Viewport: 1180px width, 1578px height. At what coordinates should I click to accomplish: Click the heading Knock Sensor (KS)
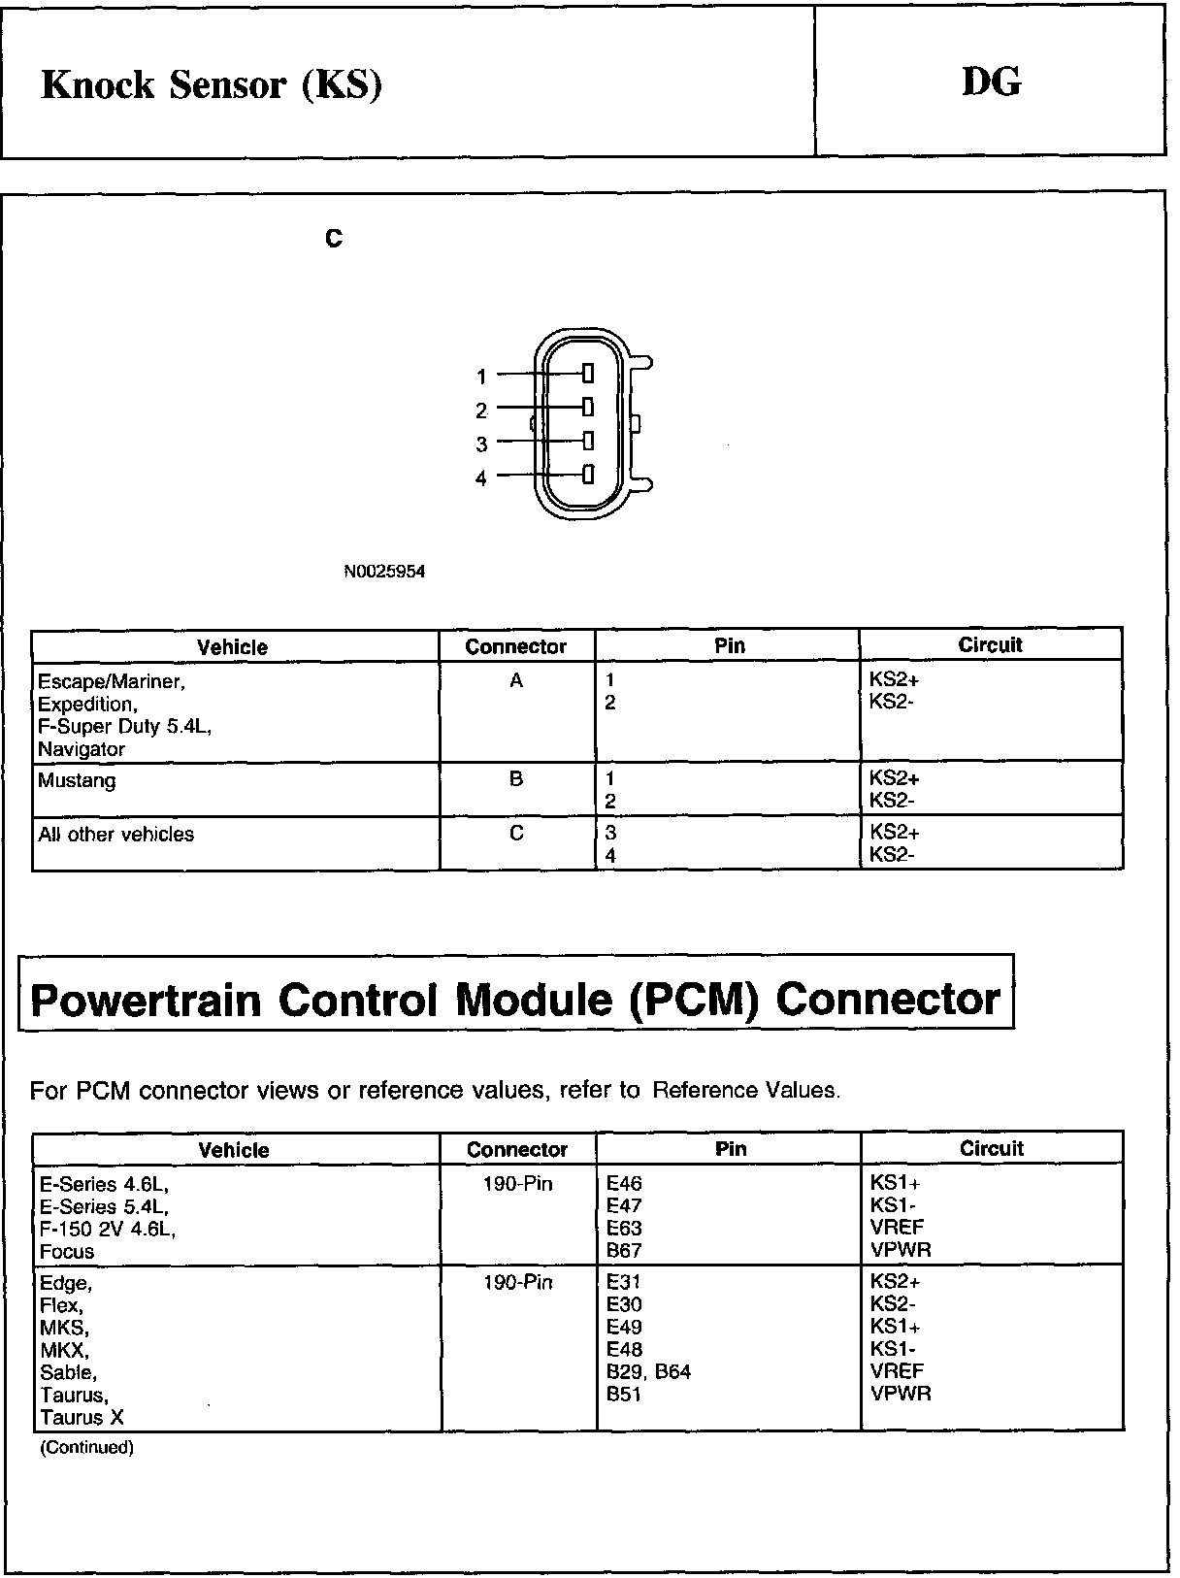tap(212, 85)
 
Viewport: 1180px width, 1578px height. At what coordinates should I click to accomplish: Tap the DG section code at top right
tap(991, 82)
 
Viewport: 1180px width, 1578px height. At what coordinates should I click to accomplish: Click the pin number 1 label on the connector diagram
tap(481, 377)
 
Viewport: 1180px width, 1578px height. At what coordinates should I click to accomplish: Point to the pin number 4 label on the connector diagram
tap(480, 478)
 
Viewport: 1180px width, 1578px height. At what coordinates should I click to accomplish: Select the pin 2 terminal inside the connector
tap(588, 406)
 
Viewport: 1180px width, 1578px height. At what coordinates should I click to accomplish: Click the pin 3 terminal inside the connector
tap(588, 440)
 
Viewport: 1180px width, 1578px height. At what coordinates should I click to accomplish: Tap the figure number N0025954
tap(384, 572)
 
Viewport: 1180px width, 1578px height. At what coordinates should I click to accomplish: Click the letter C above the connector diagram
tap(334, 239)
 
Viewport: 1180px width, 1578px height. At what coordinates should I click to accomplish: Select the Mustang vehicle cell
tap(77, 780)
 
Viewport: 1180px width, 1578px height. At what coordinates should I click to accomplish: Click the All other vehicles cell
tap(115, 835)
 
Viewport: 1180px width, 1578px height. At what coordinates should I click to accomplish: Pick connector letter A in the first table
tap(516, 681)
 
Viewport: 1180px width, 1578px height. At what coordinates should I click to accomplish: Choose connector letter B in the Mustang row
tap(516, 778)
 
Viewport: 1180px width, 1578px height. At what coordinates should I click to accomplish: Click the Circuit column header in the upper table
tap(990, 645)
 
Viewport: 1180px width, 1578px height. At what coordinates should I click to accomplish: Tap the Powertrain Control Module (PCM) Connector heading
tap(515, 1000)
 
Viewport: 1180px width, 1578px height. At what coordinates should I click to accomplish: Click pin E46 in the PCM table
tap(624, 1183)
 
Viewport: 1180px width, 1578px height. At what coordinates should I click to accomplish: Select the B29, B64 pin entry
tap(648, 1372)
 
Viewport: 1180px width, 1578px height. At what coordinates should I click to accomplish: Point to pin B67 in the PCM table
tap(624, 1250)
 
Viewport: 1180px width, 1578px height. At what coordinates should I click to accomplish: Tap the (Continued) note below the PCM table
tap(86, 1448)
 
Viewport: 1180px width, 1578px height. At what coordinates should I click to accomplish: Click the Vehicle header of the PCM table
tap(234, 1150)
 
